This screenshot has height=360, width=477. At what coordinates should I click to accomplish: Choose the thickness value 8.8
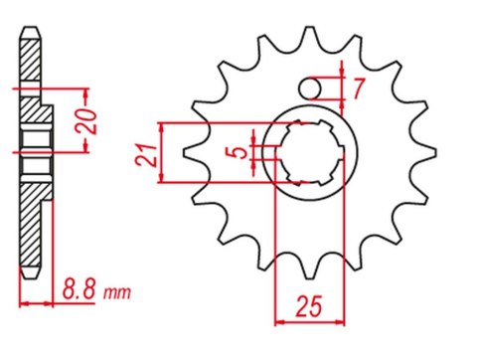click(x=80, y=293)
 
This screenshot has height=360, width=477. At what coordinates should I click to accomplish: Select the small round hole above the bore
click(x=315, y=89)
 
